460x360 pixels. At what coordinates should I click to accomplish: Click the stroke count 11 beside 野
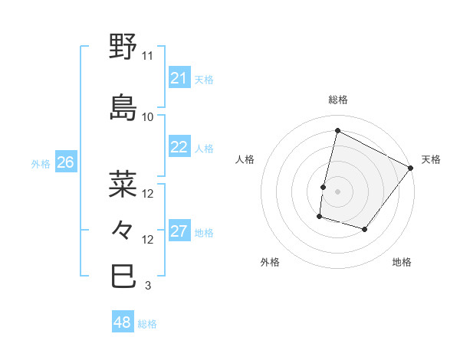[147, 56]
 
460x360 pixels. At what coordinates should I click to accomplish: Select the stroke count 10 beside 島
[147, 116]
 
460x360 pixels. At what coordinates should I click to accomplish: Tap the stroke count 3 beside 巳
[147, 286]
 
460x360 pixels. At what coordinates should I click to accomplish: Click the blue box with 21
[179, 78]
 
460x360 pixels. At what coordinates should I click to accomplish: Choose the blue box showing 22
[179, 147]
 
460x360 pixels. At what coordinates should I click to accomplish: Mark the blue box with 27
[179, 231]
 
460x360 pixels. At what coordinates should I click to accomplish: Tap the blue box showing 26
[65, 162]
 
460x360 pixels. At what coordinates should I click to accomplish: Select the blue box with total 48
[122, 322]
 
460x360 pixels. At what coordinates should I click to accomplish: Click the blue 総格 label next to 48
[147, 324]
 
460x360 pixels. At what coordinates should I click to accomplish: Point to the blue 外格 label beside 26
[41, 163]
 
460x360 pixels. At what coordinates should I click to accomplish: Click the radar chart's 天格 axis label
[431, 159]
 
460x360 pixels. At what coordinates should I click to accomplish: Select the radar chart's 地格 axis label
[402, 262]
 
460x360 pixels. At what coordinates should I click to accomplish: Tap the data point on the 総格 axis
[337, 130]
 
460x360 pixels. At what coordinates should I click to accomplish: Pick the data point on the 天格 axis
[411, 168]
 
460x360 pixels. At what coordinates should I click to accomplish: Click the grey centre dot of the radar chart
[337, 191]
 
